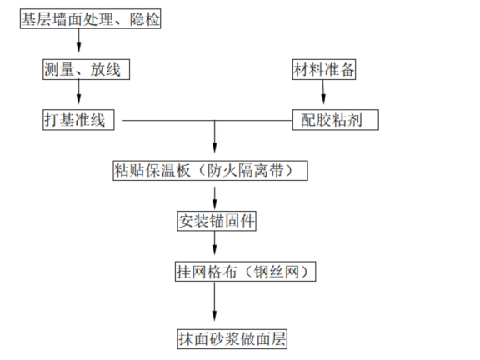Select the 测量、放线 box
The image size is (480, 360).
point(82,70)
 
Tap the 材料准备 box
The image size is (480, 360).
point(324,70)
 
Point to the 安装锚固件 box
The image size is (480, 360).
point(216,221)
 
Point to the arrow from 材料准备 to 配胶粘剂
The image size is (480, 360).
point(325,95)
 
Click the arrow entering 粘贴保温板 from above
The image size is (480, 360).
point(216,142)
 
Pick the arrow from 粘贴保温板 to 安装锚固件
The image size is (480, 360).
point(216,197)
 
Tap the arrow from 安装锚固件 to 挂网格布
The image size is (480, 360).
point(216,246)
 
